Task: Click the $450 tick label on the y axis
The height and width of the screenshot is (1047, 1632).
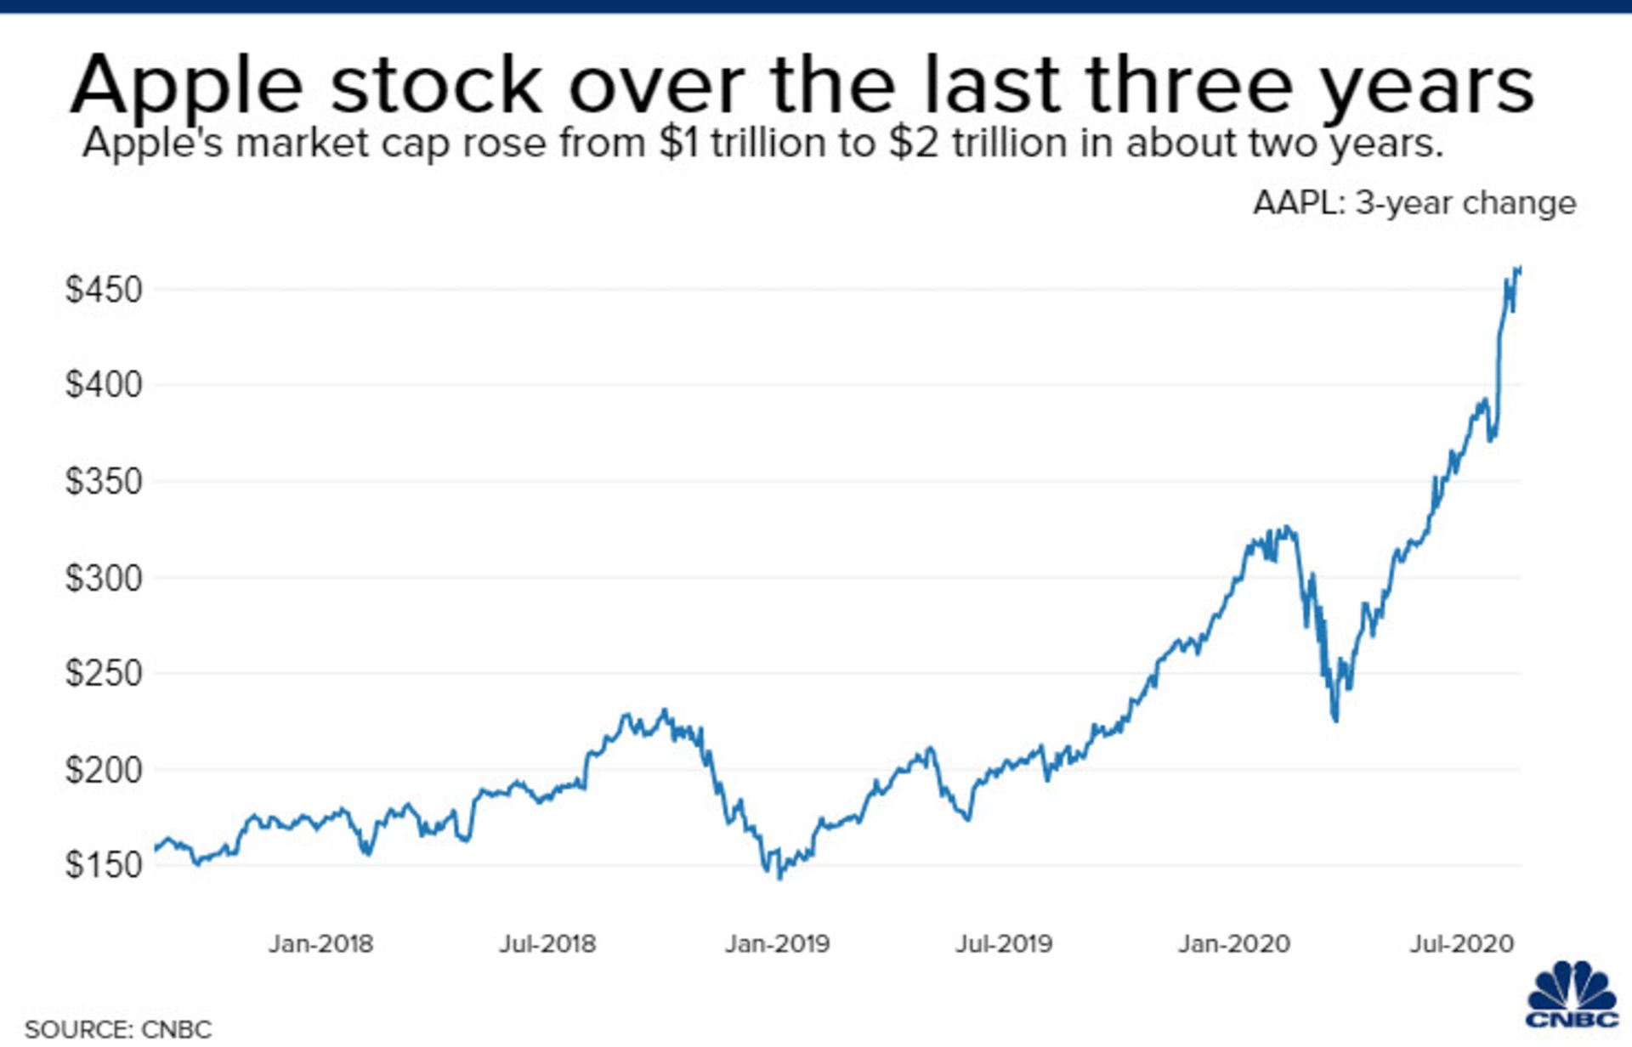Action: tap(104, 290)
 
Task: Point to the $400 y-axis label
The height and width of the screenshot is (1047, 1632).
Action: tap(104, 385)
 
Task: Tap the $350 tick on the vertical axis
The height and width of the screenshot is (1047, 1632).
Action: tap(104, 481)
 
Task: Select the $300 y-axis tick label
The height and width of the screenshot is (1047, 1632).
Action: tap(104, 578)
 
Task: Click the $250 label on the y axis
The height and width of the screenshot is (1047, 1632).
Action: tap(104, 673)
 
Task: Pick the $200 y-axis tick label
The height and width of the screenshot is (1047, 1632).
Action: tap(104, 770)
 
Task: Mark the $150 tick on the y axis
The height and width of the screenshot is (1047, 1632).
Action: tap(104, 865)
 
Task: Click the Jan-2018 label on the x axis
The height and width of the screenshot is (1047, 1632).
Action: tap(320, 943)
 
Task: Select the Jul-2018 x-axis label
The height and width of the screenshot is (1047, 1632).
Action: tap(547, 943)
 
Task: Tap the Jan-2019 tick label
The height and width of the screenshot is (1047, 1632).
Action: tap(777, 943)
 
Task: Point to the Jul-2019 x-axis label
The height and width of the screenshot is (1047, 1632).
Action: tap(1004, 943)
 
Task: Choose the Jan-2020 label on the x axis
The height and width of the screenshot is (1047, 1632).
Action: tap(1233, 943)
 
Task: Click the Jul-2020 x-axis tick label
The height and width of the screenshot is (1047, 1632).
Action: tap(1462, 943)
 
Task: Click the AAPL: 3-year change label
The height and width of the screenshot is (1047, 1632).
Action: tap(1414, 203)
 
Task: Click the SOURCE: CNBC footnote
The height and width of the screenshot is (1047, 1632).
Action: tap(118, 1029)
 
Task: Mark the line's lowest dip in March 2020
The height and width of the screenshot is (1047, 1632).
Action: tap(1336, 721)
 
